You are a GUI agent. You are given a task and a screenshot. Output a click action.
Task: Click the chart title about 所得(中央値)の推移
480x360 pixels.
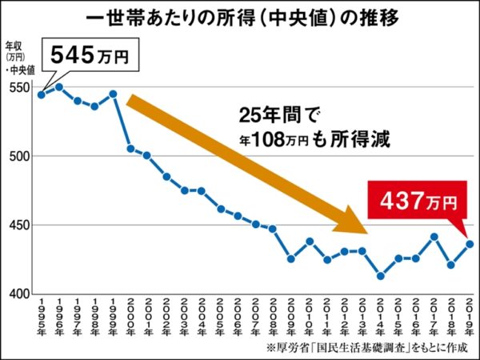(240, 17)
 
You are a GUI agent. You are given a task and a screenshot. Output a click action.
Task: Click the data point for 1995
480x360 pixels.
(42, 94)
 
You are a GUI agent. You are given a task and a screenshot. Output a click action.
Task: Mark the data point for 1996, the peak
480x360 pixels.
(59, 87)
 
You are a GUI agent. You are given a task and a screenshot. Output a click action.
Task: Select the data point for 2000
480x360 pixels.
(130, 149)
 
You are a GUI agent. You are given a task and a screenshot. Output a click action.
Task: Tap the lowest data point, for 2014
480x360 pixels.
(380, 276)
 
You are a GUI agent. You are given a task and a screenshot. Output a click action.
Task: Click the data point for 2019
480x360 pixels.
(470, 243)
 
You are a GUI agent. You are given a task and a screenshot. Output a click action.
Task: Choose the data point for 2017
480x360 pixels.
(434, 237)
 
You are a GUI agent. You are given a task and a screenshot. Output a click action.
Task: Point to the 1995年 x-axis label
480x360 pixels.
(42, 318)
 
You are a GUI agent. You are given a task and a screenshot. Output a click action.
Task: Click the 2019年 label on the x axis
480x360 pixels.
(470, 318)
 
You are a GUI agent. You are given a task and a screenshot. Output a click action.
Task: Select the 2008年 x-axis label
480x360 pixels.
(273, 318)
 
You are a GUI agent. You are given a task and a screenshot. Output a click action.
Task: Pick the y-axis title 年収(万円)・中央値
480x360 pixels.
(17, 57)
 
